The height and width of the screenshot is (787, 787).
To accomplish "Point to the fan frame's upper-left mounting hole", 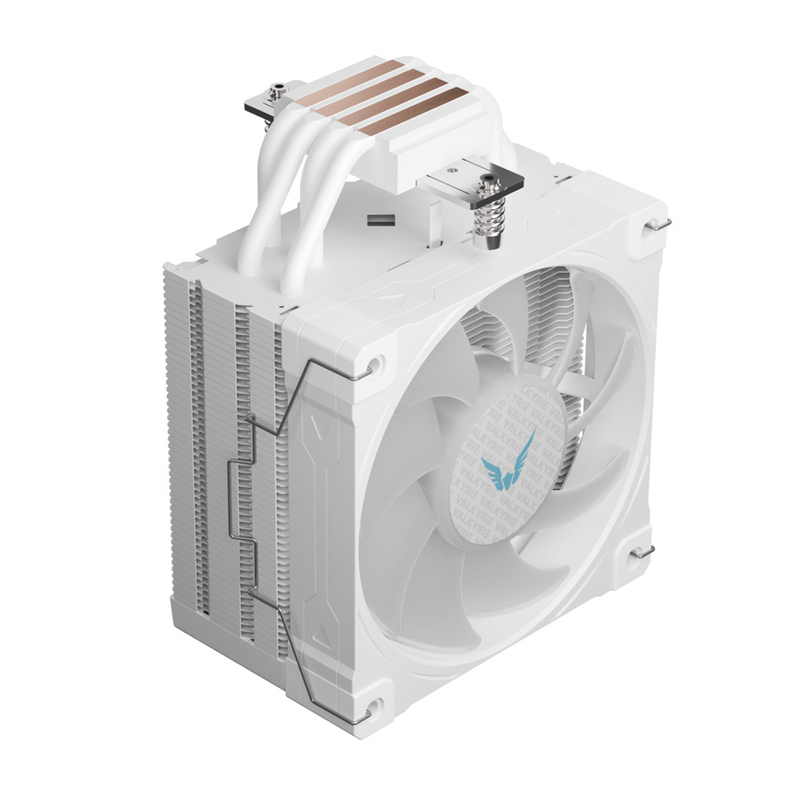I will coord(374,362).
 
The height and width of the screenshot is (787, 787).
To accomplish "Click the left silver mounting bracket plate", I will coord(271,104).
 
